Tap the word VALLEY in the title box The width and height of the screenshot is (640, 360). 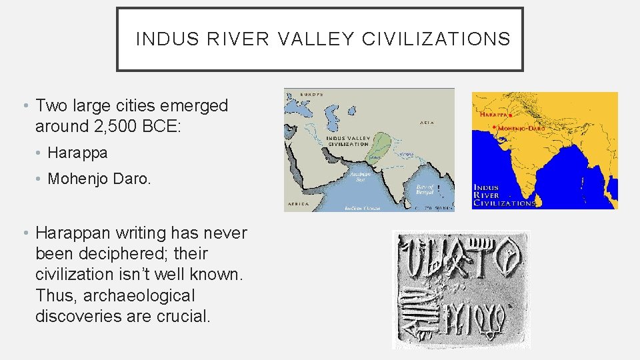(316, 39)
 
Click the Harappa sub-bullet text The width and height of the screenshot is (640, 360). (77, 153)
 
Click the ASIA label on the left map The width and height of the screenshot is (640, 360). (427, 122)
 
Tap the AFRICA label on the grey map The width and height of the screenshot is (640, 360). (297, 203)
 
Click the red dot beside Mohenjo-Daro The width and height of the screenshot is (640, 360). (492, 126)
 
